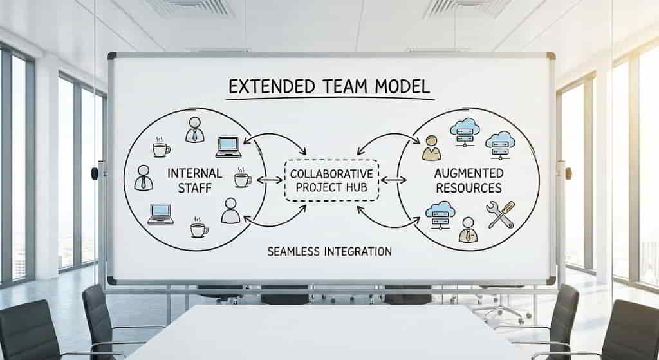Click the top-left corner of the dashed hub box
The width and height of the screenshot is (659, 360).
point(286,161)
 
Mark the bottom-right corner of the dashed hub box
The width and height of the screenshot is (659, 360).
point(378,200)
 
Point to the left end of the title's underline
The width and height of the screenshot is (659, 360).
point(225,99)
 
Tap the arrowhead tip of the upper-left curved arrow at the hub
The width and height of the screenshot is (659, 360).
point(306,155)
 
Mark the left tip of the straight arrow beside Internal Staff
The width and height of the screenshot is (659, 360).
point(257,180)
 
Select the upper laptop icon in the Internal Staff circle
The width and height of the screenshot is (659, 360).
point(228,147)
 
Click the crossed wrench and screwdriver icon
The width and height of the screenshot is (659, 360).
point(501,214)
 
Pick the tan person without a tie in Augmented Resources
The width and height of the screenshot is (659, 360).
point(431,148)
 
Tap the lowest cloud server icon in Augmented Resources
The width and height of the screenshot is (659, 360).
point(440,215)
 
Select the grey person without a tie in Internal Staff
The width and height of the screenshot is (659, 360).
point(230,211)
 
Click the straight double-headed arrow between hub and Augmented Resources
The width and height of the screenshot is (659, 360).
point(393,180)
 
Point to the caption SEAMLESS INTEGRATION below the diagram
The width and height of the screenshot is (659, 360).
point(329,252)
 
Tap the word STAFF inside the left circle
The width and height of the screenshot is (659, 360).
point(194,188)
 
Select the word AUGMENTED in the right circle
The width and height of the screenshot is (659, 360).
point(469,173)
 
